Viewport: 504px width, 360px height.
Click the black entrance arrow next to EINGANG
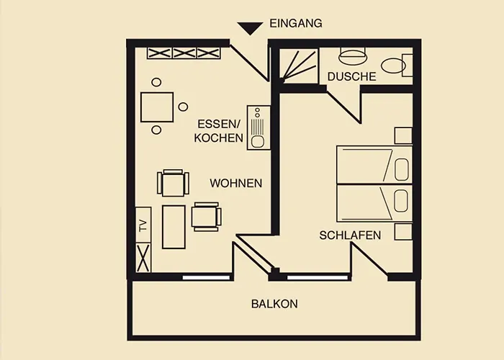(250, 28)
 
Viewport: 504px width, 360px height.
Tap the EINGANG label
(296, 24)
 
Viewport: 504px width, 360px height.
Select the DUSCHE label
(351, 76)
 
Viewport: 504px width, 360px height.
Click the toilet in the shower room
(396, 65)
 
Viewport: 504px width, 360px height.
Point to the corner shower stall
(299, 66)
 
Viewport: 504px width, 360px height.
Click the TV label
(143, 225)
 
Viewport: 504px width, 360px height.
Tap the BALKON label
(274, 304)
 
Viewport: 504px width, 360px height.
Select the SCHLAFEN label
(350, 235)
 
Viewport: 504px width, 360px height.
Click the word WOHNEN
(236, 183)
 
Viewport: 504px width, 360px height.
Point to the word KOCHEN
(219, 138)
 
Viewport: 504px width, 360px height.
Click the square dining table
(157, 107)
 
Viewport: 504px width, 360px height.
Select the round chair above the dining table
(156, 82)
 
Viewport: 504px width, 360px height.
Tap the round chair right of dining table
(183, 107)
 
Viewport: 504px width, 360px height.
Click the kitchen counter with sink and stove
(258, 127)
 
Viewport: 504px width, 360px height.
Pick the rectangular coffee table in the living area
(174, 227)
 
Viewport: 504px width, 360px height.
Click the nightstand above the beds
(403, 135)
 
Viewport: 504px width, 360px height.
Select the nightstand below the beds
(403, 232)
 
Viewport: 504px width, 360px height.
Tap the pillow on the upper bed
(402, 169)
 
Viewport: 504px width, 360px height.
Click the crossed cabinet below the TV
(143, 258)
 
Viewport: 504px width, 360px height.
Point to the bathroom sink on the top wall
(352, 55)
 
